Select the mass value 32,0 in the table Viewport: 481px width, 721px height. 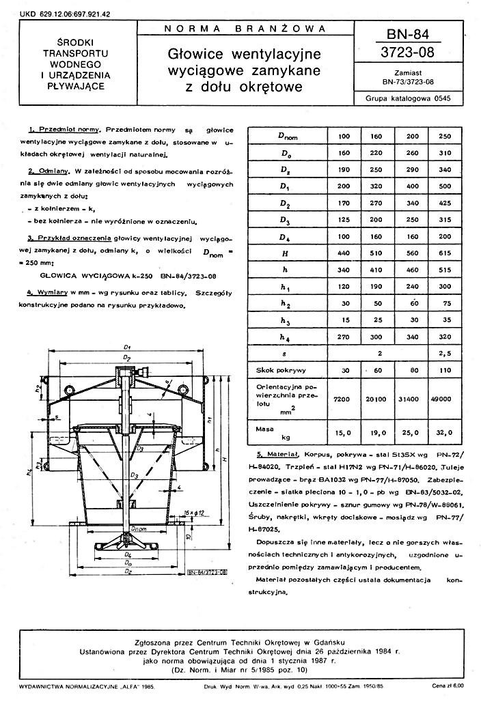444,432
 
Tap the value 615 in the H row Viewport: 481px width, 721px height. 444,252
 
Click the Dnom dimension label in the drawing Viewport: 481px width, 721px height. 139,528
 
